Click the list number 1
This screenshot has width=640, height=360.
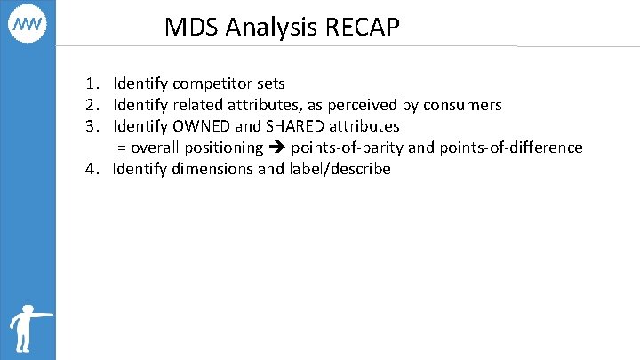pos(92,84)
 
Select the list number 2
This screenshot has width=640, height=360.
pos(92,105)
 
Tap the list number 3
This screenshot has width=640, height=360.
pos(92,126)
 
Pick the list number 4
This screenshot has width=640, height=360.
pos(92,169)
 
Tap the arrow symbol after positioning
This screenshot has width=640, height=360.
pos(277,148)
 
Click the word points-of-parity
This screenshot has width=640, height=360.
pos(348,148)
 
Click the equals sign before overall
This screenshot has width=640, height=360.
pos(122,148)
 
